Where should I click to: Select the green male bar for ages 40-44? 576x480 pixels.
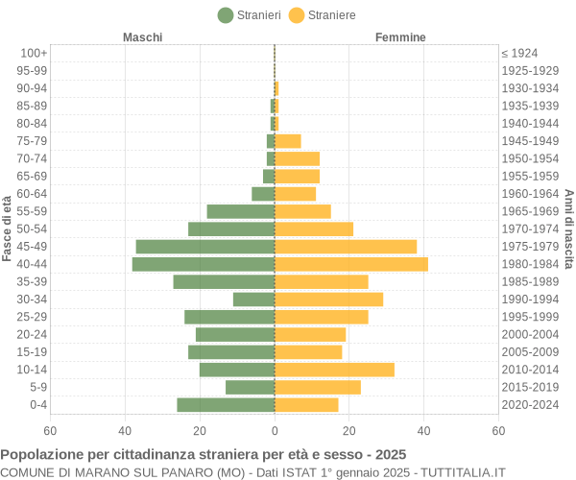[204, 264]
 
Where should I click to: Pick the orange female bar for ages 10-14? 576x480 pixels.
[334, 370]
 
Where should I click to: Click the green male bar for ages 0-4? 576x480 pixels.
[226, 405]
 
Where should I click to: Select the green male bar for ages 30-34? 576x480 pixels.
[253, 300]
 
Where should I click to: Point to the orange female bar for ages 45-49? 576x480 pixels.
[346, 247]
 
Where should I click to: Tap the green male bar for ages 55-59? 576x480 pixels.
[241, 211]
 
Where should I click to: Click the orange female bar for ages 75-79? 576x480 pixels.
[288, 141]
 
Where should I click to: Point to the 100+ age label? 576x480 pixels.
[34, 53]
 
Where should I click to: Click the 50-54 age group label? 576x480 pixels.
[32, 228]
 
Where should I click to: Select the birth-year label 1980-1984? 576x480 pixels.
[530, 264]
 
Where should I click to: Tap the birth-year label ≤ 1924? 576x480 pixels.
[519, 53]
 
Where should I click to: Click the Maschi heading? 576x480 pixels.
[142, 36]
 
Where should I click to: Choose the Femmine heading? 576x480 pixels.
[400, 36]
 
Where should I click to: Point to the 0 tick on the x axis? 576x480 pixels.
[275, 431]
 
